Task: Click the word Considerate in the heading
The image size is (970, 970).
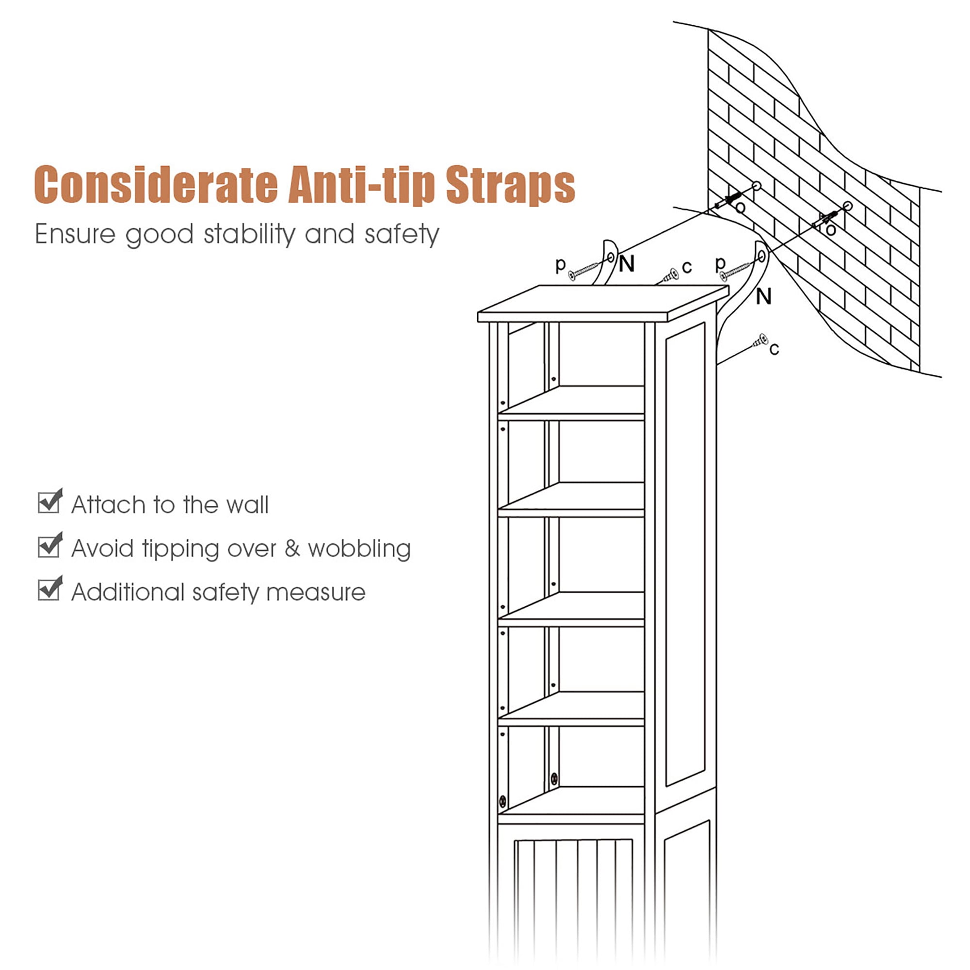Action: tap(156, 184)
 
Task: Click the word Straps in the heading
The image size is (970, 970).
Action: tap(510, 185)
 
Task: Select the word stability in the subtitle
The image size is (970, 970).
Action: tap(249, 234)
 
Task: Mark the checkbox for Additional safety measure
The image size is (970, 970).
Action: tap(49, 588)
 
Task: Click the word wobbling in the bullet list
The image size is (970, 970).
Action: tap(359, 549)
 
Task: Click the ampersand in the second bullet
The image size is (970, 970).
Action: tap(292, 548)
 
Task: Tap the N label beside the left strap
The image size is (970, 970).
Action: tap(627, 263)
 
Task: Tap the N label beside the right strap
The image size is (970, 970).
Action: tap(764, 297)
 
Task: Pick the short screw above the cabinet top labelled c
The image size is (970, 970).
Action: tap(670, 275)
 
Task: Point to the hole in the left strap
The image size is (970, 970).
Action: tap(611, 258)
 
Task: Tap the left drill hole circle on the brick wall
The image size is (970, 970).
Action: tap(757, 186)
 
